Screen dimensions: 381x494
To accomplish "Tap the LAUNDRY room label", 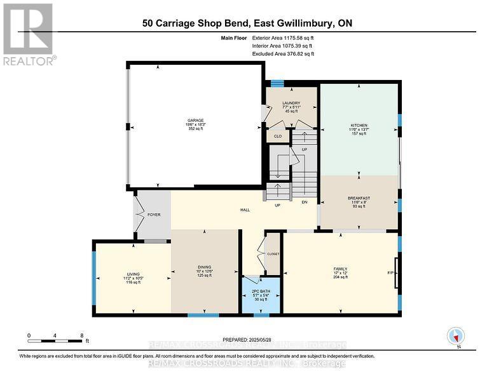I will click(291, 104).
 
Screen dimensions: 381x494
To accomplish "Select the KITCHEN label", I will click(359, 126).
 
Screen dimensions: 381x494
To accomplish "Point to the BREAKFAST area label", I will click(359, 197).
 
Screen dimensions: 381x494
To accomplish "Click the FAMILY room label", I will click(341, 269).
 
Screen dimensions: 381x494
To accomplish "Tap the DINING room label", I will click(203, 267).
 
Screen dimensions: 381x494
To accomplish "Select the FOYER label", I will click(154, 215).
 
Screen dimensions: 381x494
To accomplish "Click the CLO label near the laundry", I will click(277, 135).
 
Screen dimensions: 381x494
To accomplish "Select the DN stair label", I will click(305, 203).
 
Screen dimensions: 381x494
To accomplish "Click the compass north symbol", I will click(455, 337).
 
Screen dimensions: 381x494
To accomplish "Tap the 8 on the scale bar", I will click(81, 335).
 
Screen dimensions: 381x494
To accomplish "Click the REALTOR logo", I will click(29, 34).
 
